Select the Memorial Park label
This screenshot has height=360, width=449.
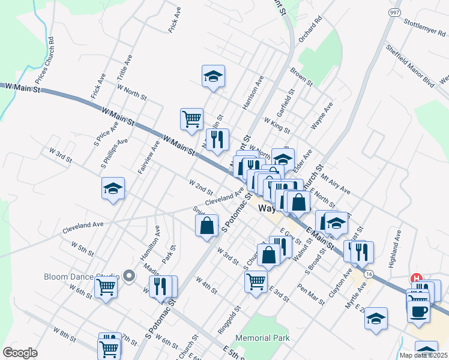coord(263,338)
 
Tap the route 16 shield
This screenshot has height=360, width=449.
coord(368,274)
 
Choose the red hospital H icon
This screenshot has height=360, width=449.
coord(415,278)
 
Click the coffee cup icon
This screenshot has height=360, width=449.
coord(418,311)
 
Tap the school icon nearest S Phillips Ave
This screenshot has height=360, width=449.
coord(113,189)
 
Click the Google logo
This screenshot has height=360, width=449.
coord(20,353)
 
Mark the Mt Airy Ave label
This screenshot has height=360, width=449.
coord(336,182)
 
